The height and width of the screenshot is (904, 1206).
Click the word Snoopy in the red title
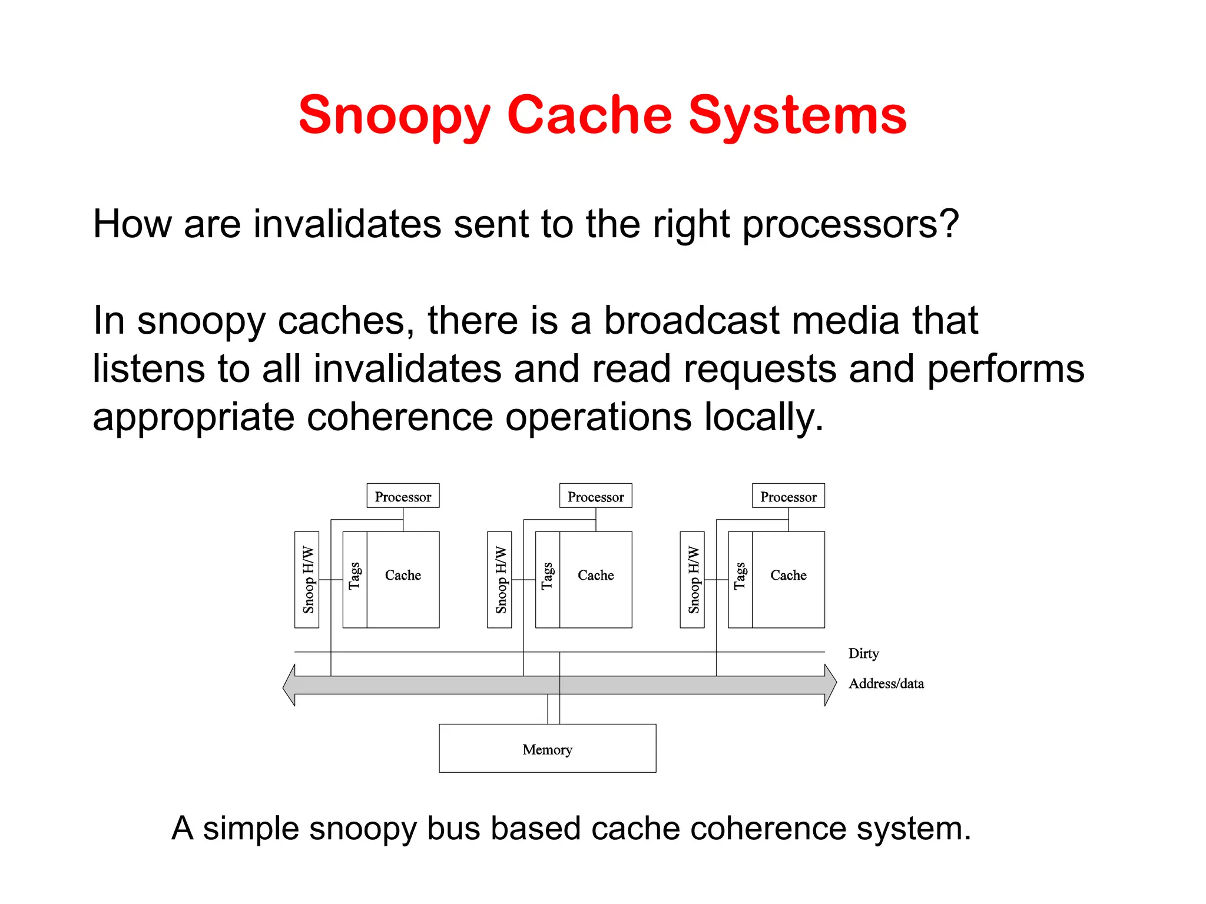[394, 116]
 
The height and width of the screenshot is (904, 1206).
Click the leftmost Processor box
[403, 496]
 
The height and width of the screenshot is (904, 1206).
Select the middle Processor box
[595, 496]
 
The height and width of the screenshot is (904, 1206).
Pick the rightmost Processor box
[788, 496]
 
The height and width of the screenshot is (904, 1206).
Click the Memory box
[547, 749]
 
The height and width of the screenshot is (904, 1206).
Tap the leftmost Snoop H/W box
[307, 580]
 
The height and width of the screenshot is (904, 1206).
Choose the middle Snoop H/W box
[499, 580]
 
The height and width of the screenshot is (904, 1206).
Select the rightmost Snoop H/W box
[692, 580]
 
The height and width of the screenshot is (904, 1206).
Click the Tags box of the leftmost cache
[354, 580]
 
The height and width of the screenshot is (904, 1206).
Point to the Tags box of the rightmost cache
[740, 580]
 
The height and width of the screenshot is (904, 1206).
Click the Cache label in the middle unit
[595, 575]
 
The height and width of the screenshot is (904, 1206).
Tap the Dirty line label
[863, 653]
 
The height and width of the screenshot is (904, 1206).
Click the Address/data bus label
[886, 683]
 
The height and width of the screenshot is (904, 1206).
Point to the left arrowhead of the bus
[289, 685]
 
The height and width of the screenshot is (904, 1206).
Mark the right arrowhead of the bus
[830, 685]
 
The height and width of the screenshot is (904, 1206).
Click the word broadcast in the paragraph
[691, 321]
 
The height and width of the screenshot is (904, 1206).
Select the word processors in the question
[850, 225]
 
